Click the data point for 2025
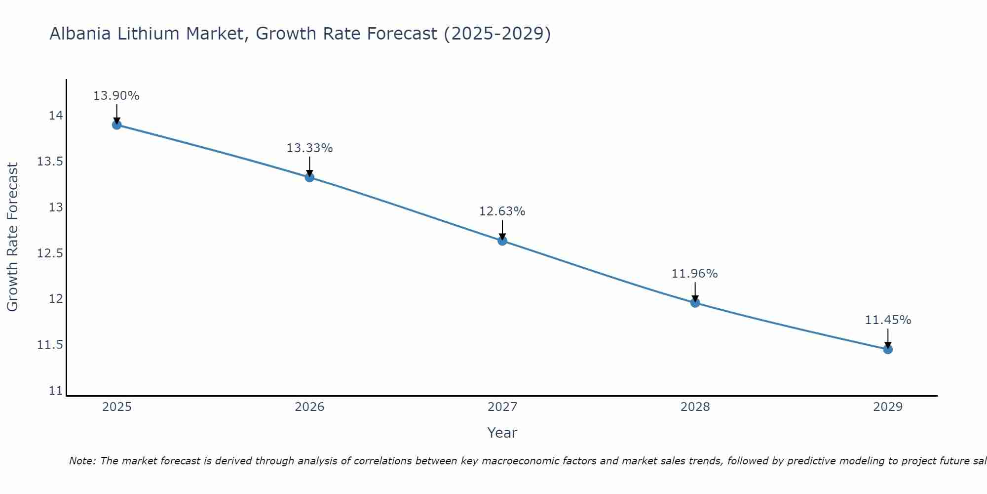[116, 125]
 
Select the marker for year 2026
[309, 177]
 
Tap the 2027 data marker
[502, 241]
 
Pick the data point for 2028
[695, 303]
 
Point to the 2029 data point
[888, 349]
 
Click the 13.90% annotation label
[116, 96]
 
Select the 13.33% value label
[309, 148]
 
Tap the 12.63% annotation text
[502, 211]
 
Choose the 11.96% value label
[694, 274]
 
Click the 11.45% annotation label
[888, 320]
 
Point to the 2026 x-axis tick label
[309, 407]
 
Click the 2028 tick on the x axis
[695, 407]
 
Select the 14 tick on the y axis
[56, 116]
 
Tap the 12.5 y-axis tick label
[50, 253]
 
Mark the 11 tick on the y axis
[56, 391]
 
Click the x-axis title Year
[502, 433]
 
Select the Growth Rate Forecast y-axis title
[12, 237]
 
